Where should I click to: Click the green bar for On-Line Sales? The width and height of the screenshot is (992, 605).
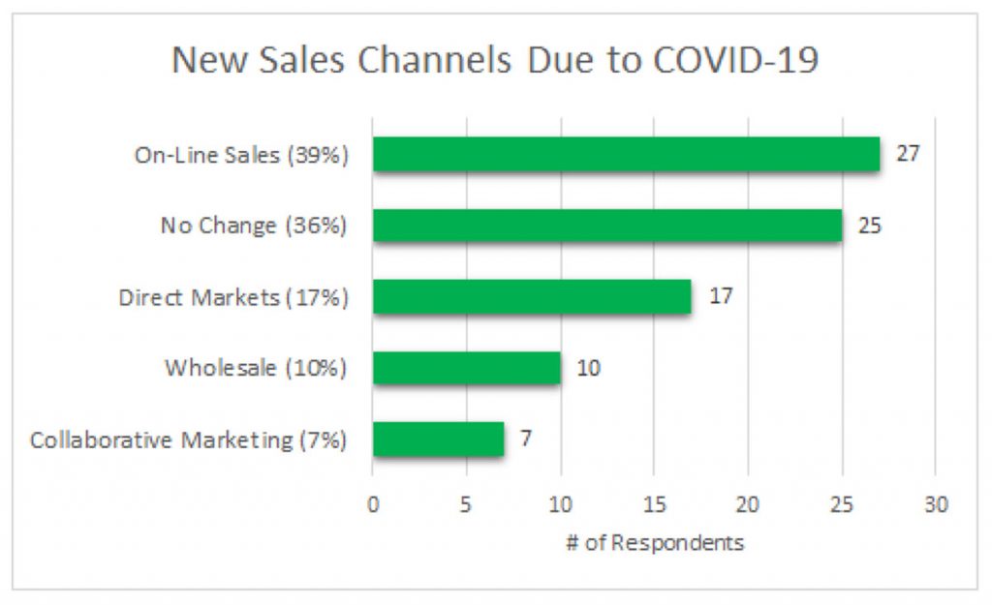coord(626,154)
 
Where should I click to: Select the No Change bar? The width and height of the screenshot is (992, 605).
coord(607,226)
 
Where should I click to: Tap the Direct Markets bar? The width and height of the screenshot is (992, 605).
coord(532,296)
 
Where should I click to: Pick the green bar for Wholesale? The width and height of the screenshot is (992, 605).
coord(466,368)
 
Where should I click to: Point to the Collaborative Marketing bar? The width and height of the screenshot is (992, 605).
coord(438,439)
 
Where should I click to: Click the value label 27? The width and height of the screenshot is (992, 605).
coord(908,154)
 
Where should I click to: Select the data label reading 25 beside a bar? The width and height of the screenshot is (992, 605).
coord(870,226)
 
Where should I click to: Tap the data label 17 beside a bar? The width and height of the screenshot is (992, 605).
coord(721,296)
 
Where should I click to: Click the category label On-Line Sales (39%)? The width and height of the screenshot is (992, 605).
coord(241,155)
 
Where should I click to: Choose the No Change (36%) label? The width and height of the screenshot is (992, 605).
coord(254,226)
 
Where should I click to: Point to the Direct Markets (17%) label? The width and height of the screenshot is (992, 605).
coord(233,297)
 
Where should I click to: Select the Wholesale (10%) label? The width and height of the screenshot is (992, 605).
coord(256,368)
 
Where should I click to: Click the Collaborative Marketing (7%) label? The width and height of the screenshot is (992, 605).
coord(189,439)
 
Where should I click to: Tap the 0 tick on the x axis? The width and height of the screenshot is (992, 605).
coord(373,504)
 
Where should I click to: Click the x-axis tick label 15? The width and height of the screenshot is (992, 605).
coord(654,504)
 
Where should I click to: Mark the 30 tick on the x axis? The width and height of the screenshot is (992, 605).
coord(935,504)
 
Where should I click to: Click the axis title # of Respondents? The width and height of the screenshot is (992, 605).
coord(655,542)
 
